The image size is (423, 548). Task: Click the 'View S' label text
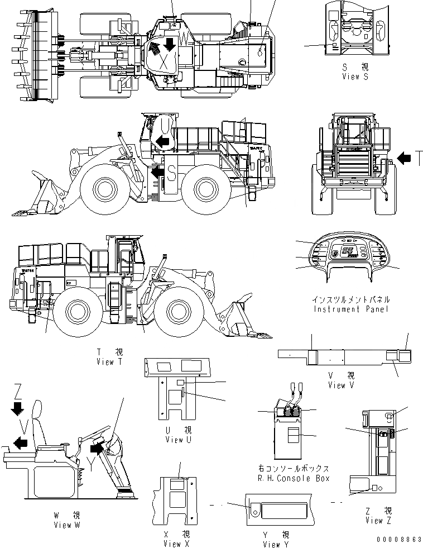coord(355,77)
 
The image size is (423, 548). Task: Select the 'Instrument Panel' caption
coord(351,309)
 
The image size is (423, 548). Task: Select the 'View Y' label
coord(272,544)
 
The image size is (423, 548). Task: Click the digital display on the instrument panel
coord(348,252)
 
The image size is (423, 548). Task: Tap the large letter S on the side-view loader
coord(171,175)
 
